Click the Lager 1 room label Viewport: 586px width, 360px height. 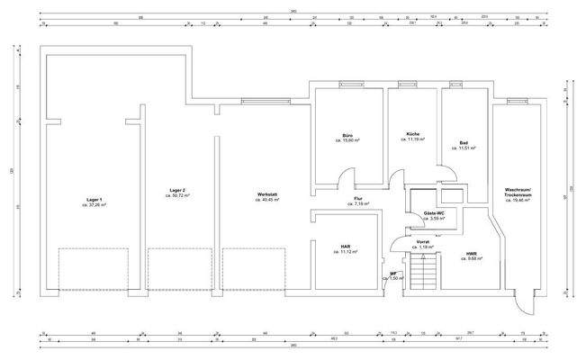pyautogui.click(x=94, y=199)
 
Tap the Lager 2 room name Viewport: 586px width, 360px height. pyautogui.click(x=177, y=190)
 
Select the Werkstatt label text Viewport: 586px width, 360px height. pyautogui.click(x=266, y=194)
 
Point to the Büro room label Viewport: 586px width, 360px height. pyautogui.click(x=347, y=135)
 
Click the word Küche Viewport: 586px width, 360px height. pyautogui.click(x=413, y=134)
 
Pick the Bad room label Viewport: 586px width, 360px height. pyautogui.click(x=463, y=143)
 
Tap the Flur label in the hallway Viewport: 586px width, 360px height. pyautogui.click(x=357, y=199)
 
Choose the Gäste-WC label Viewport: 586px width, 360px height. pyautogui.click(x=435, y=213)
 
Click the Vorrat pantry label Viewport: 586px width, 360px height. pyautogui.click(x=422, y=241)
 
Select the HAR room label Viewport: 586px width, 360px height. pyautogui.click(x=346, y=246)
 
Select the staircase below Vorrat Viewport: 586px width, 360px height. pyautogui.click(x=421, y=272)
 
